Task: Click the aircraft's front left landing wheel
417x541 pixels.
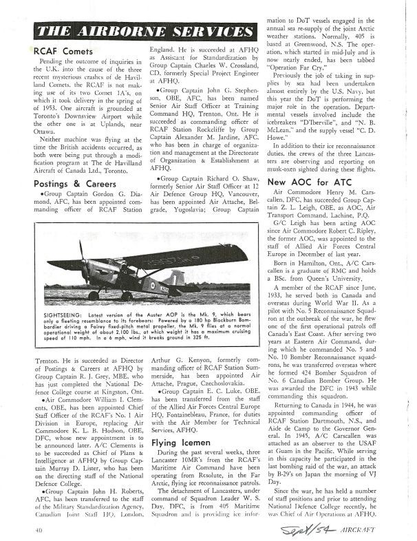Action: (x=94, y=295)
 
